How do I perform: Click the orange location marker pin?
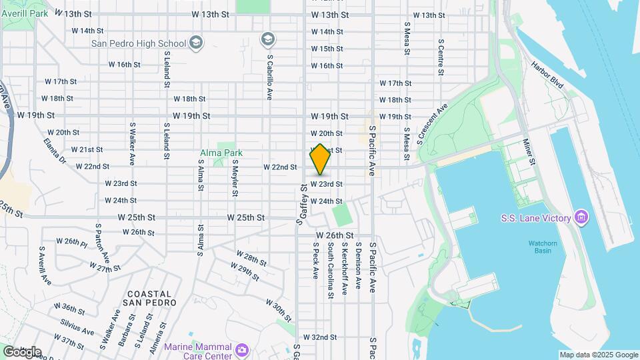click(320, 160)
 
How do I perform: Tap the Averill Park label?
click(25, 13)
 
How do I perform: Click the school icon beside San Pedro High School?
click(195, 44)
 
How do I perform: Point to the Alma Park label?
click(221, 153)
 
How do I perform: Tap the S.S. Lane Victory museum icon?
click(581, 218)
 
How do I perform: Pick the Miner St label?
click(529, 152)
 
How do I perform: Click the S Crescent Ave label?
click(432, 123)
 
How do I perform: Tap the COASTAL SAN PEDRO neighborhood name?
click(150, 298)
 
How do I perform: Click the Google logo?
click(22, 351)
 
